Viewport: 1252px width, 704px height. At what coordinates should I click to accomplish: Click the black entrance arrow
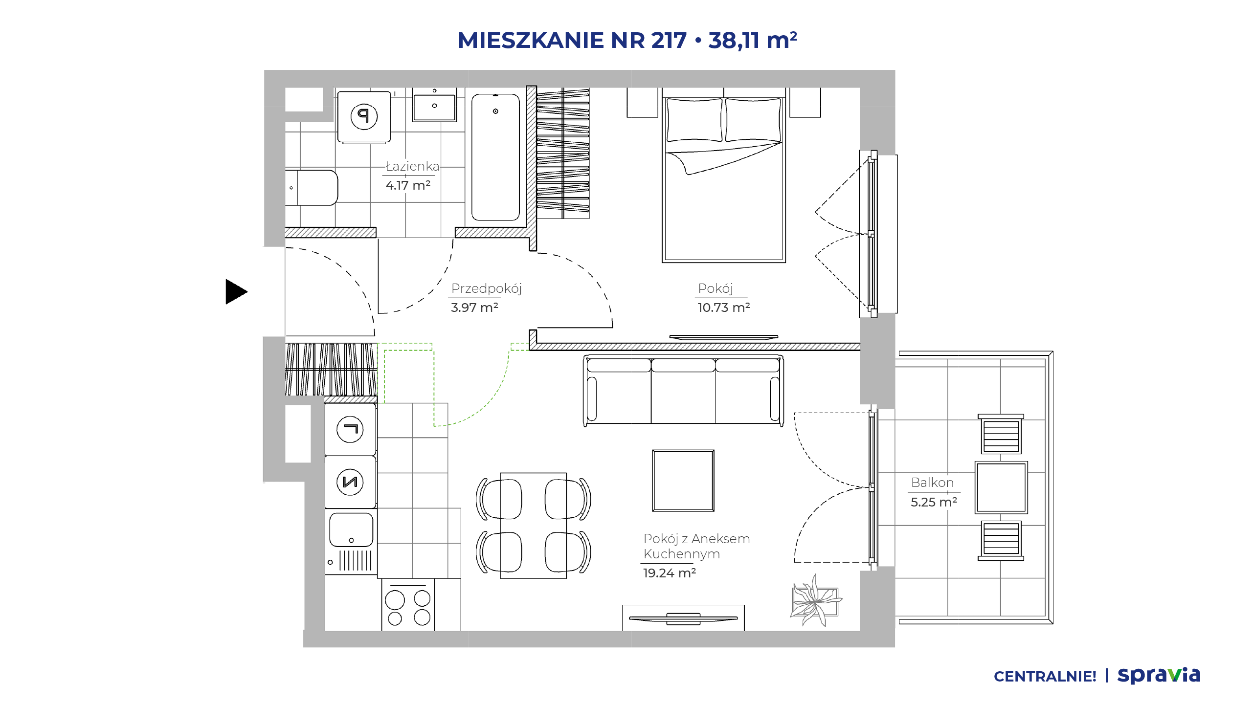pos(236,292)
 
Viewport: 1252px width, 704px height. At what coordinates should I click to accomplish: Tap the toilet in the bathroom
pos(312,188)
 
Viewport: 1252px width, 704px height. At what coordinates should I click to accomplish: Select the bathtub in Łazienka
pos(495,157)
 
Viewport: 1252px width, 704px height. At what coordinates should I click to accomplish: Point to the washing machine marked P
pos(364,117)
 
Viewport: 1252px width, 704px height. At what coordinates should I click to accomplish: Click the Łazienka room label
pos(412,166)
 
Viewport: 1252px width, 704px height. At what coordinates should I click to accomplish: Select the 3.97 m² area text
pos(474,308)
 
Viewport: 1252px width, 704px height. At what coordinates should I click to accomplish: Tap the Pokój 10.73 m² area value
pos(724,308)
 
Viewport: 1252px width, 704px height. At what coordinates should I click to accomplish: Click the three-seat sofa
pos(684,390)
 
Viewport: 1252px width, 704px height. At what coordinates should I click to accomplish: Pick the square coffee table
pos(683,481)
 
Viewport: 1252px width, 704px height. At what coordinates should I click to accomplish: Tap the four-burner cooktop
pos(408,607)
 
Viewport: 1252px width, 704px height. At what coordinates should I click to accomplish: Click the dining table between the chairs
pos(533,526)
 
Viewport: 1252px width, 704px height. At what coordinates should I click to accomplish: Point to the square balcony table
pos(1001,487)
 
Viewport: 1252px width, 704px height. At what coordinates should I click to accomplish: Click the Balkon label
pos(932,483)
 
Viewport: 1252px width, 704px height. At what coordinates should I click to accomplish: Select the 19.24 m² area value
pos(670,573)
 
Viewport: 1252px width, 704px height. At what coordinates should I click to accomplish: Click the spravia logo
pos(1159,675)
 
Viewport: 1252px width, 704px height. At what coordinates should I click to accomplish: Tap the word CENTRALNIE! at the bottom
pos(1045,677)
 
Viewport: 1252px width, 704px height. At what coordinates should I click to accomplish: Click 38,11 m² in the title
pos(753,40)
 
